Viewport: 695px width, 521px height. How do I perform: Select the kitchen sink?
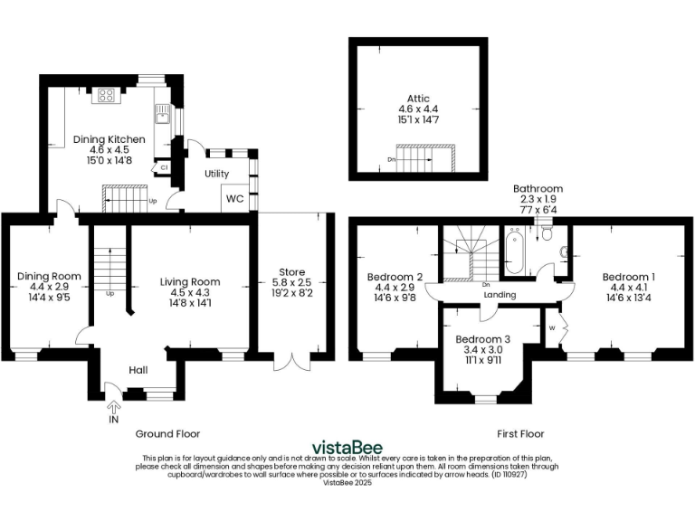pyautogui.click(x=162, y=113)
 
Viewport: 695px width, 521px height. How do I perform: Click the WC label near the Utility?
pyautogui.click(x=234, y=198)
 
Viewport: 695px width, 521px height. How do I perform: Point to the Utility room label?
pyautogui.click(x=217, y=174)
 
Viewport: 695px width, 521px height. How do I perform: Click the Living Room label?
pyautogui.click(x=190, y=281)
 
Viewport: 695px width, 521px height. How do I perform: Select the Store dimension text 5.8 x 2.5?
pyautogui.click(x=292, y=283)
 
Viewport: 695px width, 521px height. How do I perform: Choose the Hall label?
pyautogui.click(x=138, y=370)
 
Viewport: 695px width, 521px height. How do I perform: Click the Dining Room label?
pyautogui.click(x=49, y=276)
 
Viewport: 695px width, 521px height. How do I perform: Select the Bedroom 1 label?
pyautogui.click(x=629, y=276)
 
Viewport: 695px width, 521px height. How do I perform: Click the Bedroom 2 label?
pyautogui.click(x=395, y=276)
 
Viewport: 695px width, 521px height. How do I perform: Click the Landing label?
pyautogui.click(x=500, y=295)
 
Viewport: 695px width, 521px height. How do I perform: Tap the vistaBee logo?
pyautogui.click(x=347, y=447)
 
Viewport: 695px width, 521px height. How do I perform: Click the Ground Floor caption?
pyautogui.click(x=167, y=433)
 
